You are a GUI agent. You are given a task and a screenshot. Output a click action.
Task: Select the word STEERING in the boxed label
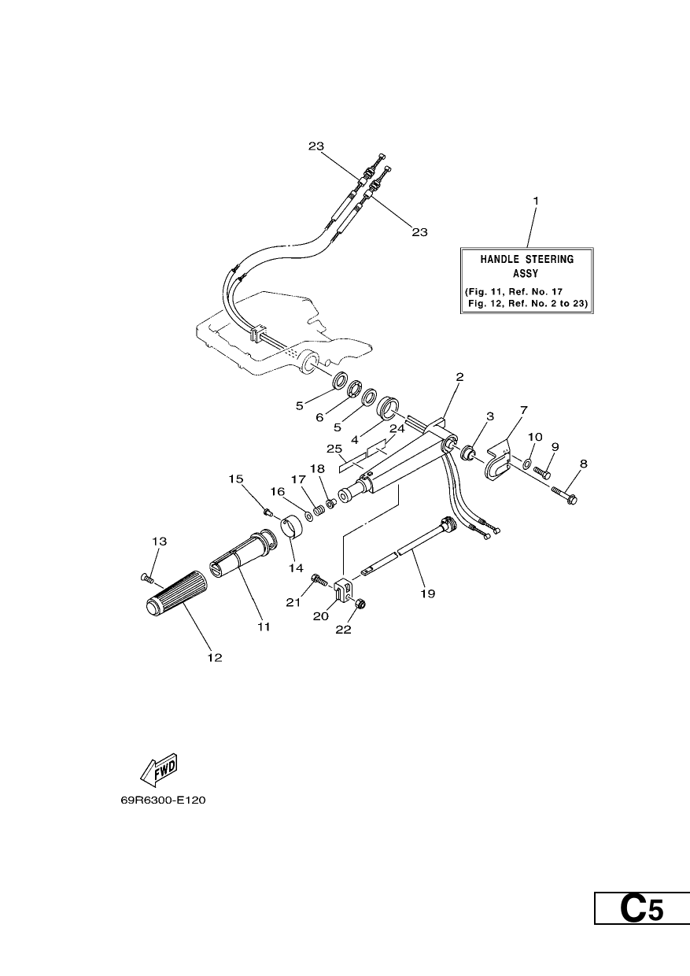click(x=549, y=259)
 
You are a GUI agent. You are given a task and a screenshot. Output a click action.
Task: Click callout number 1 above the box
click(x=536, y=201)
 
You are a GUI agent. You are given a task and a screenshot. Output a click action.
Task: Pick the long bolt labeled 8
click(x=564, y=496)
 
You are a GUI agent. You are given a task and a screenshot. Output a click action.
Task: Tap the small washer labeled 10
click(x=527, y=462)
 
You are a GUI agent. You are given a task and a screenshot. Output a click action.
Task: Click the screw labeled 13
click(x=147, y=579)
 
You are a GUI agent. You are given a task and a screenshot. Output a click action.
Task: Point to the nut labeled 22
click(x=360, y=604)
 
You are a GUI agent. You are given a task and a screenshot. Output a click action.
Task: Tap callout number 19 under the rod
click(x=428, y=593)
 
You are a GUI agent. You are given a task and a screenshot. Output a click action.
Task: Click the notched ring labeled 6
click(x=355, y=389)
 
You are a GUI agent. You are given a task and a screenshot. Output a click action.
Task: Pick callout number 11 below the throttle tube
click(x=264, y=627)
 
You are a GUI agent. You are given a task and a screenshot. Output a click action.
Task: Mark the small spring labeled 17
click(x=319, y=508)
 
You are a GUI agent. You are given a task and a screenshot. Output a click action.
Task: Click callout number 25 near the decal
click(x=334, y=449)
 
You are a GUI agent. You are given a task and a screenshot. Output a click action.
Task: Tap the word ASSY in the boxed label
click(x=526, y=274)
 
